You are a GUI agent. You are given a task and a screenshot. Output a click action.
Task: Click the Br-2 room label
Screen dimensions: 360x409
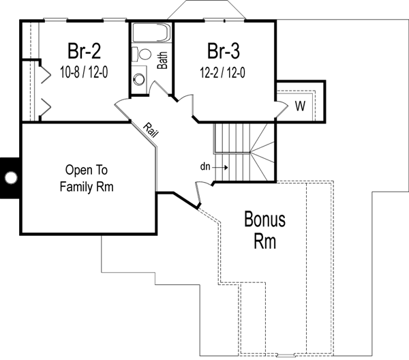point(85,51)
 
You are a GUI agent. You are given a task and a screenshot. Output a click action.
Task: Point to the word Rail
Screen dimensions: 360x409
point(151,130)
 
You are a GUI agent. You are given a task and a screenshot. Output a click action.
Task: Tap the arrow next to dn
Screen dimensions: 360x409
point(222,166)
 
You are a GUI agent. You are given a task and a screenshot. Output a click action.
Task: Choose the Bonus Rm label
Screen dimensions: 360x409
point(264,230)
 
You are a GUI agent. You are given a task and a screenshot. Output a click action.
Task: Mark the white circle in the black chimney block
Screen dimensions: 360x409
point(10,178)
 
